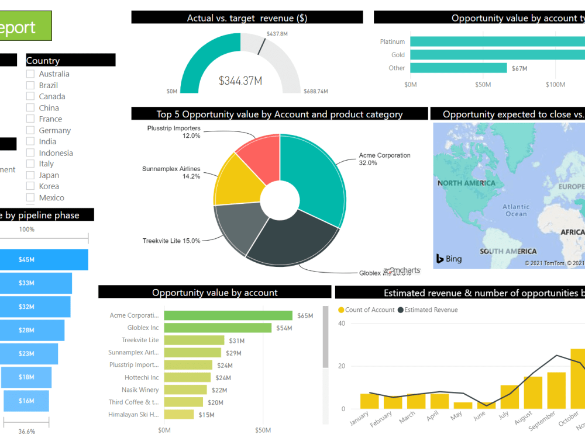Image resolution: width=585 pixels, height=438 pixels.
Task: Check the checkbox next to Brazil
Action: (30, 85)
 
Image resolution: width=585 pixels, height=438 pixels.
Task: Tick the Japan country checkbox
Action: (30, 175)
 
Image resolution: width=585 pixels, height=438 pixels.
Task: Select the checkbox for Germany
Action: (30, 130)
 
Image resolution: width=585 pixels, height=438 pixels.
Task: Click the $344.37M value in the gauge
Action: (240, 81)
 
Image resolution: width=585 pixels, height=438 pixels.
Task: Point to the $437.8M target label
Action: (277, 34)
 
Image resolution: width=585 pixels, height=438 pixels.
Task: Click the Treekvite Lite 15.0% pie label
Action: (171, 241)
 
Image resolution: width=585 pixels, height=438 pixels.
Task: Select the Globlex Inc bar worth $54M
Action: (218, 328)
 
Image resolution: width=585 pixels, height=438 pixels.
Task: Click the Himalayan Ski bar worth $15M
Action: (178, 415)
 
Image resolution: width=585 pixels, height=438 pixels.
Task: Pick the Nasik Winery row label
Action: (140, 390)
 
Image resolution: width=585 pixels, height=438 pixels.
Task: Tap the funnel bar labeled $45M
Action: (44, 259)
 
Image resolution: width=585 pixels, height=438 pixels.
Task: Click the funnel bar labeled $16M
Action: (26, 401)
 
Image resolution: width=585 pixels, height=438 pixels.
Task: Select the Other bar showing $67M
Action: (458, 68)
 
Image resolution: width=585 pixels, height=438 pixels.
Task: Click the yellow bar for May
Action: (463, 405)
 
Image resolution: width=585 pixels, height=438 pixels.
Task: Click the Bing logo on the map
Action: (449, 259)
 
